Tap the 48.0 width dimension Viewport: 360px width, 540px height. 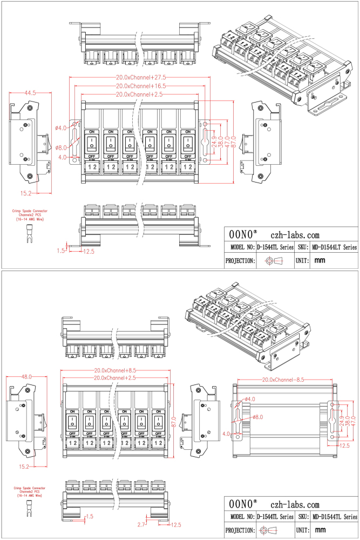coord(26,376)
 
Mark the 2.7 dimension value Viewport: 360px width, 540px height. coord(141,524)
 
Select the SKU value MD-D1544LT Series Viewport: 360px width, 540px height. coord(335,247)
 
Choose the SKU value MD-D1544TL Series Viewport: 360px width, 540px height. coord(335,517)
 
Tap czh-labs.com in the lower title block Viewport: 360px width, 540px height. coord(295,504)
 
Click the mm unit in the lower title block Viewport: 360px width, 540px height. coord(320,530)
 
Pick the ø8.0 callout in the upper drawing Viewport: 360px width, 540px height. coord(61,147)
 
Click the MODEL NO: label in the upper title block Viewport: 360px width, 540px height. coord(240,247)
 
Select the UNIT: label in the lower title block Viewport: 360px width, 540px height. coord(302,530)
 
